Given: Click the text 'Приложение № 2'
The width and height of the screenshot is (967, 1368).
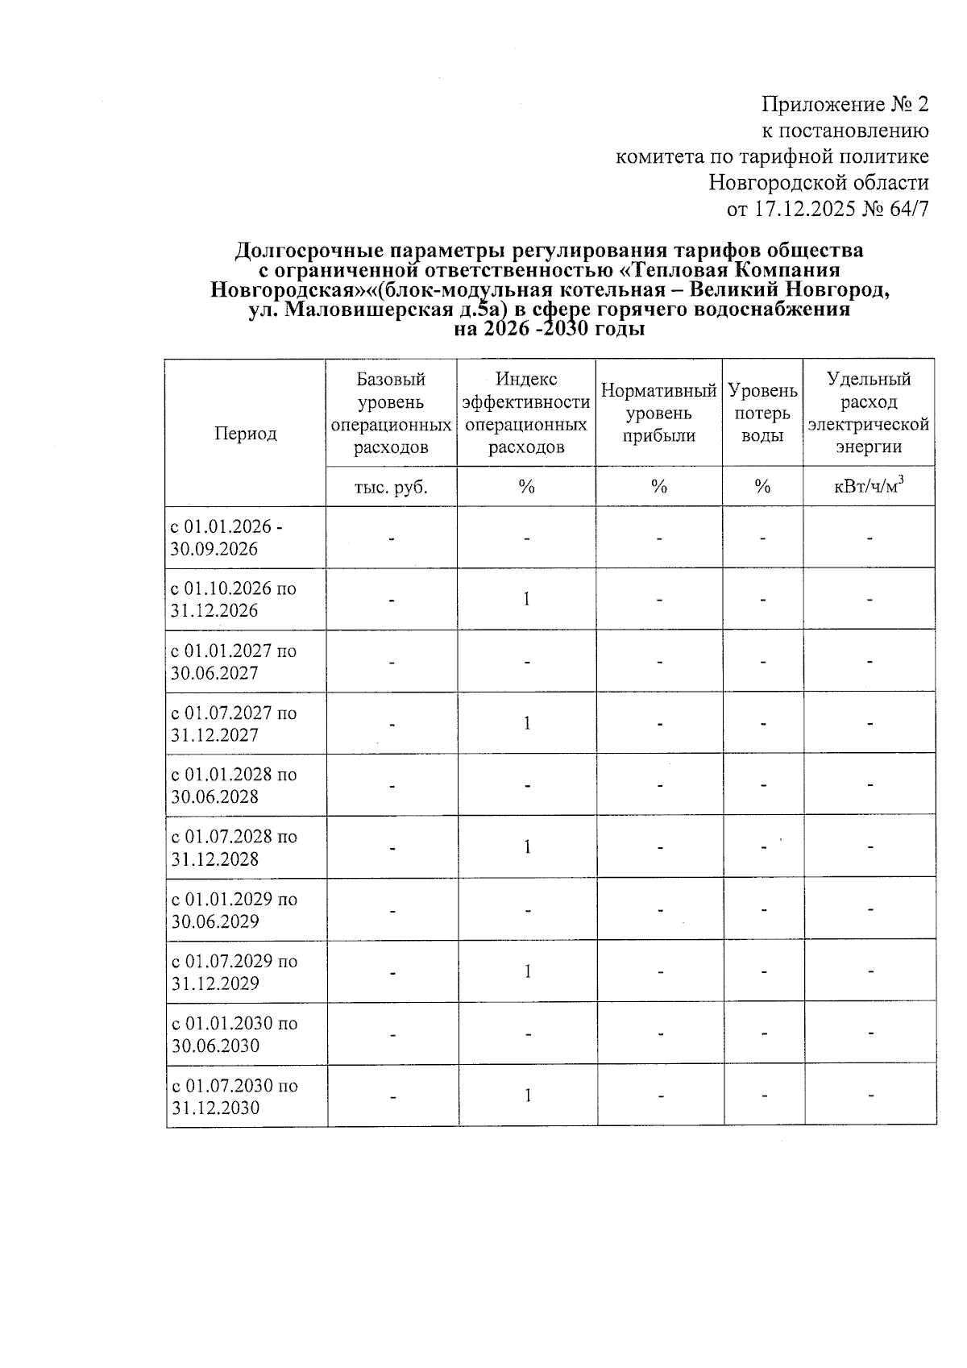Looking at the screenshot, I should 845,105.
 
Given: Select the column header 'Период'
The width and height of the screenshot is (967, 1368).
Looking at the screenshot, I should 245,434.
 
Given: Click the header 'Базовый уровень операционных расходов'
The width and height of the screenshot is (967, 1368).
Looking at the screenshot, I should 391,413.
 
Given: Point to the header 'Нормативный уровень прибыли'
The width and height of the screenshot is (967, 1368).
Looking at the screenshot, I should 658,413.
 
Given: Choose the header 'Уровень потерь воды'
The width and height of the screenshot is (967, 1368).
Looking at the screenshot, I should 762,413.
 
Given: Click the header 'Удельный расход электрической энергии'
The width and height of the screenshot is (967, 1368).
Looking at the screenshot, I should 869,413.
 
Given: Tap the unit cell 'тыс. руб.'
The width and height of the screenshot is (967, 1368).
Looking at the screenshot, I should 391,487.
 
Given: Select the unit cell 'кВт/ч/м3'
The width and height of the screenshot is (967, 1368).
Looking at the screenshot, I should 869,487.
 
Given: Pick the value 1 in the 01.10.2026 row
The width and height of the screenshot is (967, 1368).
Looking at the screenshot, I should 526,599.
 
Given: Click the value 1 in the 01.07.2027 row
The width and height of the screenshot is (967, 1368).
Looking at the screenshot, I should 526,723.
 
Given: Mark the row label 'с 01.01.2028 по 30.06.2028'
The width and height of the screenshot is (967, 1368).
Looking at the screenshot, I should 234,785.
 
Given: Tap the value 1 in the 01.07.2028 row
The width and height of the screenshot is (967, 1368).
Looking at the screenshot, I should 526,846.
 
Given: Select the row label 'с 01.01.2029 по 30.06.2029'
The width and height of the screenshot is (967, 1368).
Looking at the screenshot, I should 234,910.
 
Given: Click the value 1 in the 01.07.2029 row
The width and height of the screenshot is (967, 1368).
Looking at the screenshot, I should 526,971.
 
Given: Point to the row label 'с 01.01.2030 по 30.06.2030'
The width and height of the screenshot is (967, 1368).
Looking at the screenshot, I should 234,1034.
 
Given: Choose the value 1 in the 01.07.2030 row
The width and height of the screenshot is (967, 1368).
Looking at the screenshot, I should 526,1096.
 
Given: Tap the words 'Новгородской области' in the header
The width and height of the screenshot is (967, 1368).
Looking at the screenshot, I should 818,183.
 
